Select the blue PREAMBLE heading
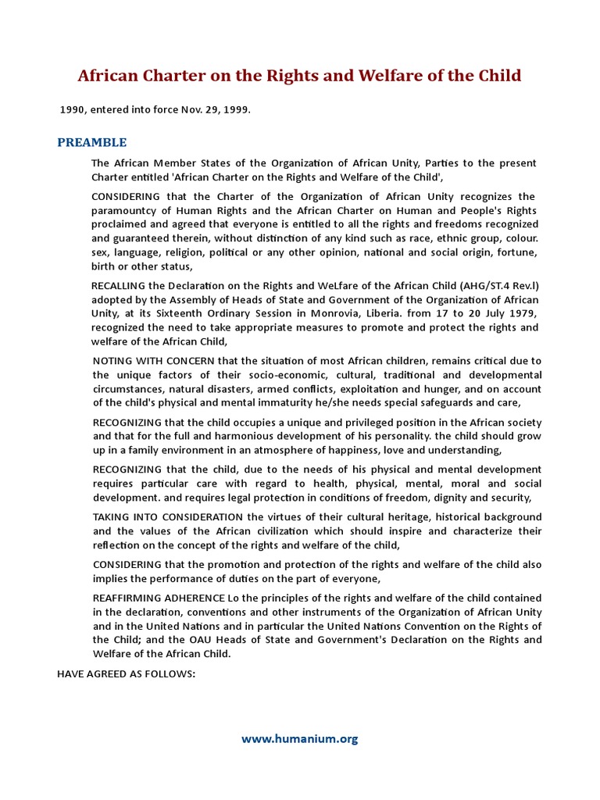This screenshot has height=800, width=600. [92, 142]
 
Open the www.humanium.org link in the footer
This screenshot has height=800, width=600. [299, 738]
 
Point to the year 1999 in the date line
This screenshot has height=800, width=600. [235, 110]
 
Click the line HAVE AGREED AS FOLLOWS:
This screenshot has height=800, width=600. [125, 673]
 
